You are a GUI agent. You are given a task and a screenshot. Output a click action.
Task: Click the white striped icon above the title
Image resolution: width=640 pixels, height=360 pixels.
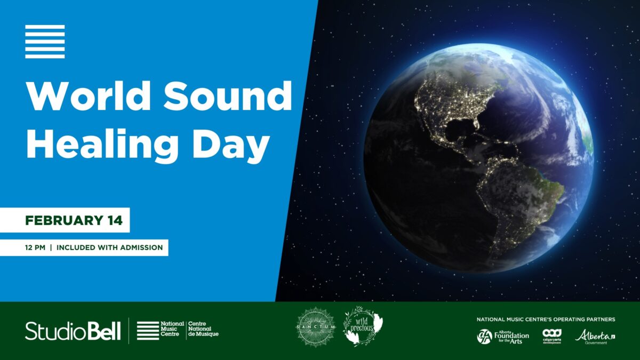45,41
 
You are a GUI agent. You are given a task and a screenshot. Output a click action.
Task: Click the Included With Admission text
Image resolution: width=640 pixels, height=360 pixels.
109,247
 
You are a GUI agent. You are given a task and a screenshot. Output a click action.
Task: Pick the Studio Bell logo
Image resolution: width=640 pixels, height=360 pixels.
73,331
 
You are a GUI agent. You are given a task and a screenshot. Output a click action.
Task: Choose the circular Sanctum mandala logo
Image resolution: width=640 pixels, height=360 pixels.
316,327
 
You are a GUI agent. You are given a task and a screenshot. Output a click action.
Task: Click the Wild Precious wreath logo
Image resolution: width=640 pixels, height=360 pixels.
363,327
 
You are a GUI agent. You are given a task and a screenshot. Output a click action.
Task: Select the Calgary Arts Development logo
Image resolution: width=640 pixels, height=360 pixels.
552,337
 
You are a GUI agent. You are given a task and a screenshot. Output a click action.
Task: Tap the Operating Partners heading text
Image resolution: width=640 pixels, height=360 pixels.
546,319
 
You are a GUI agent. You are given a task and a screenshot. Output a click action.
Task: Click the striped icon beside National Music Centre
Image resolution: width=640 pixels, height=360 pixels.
148,331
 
